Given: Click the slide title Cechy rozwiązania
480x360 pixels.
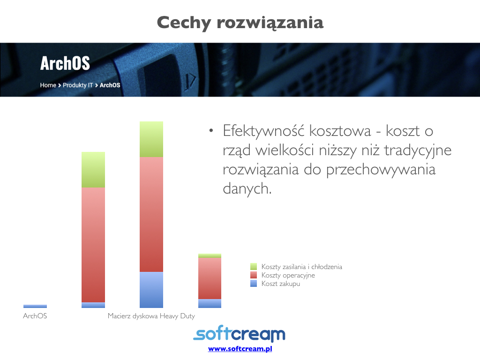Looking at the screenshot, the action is pos(240,22).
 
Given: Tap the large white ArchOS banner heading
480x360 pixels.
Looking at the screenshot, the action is pos(65,63).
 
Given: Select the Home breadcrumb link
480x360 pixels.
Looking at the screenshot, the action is pos(48,85).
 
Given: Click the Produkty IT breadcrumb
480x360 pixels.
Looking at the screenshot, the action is pos(78,85).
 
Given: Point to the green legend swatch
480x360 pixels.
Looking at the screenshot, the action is pos(254,266).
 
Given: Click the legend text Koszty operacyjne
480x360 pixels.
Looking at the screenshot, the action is pos(288,275).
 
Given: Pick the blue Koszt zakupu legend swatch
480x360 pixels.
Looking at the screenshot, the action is pos(254,284).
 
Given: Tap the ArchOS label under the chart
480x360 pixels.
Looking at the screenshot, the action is pos(35,316).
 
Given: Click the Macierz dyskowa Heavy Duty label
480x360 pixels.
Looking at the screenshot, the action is pos(151,316).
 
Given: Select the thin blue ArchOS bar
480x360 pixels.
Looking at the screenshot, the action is pos(35,306).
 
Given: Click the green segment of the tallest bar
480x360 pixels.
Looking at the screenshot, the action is pos(151,139).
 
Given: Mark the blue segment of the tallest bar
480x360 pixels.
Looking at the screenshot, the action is pos(151,290).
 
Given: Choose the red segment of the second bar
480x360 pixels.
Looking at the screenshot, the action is pos(93,245).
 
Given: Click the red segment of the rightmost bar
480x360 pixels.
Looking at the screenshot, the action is pos(210,278).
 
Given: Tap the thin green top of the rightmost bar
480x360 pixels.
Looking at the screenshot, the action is pos(210,255).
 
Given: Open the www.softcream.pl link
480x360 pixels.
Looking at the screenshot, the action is pos(240,349).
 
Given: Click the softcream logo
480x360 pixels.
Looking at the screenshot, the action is pos(240,334).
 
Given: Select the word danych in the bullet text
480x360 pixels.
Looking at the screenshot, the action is pos(247,188).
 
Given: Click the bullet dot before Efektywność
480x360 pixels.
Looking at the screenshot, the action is pos(211,131).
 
